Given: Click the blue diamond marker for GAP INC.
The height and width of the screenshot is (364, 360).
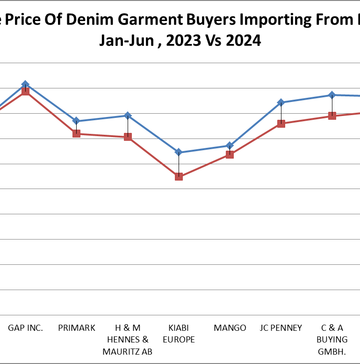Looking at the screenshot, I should pos(25,84).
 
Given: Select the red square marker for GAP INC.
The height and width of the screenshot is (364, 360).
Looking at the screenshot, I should pos(25,91).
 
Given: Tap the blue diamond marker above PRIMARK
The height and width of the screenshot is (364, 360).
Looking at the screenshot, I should pos(76,121).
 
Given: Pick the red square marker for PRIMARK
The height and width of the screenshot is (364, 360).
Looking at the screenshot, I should pos(76,133).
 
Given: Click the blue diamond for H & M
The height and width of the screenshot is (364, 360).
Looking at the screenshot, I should pos(128,115).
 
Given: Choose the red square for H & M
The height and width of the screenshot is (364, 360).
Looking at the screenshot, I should pos(128,137).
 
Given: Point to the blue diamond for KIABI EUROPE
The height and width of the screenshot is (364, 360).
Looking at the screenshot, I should pos(179,152).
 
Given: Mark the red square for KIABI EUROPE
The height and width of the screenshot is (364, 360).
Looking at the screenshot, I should pos(179,176).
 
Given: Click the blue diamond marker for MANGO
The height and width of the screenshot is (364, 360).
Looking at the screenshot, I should pos(230,146).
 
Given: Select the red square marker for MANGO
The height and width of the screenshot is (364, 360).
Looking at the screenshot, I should pos(230,154).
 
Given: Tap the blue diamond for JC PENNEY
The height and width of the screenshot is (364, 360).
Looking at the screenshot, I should pos(281,102).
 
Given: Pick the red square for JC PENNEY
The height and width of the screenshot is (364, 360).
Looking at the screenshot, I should pos(281,124).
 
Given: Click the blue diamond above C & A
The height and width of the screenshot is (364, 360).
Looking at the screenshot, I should pos(332,95).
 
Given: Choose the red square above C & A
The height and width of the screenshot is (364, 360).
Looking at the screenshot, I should pos(332,116).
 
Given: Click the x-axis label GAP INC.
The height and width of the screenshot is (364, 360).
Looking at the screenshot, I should pos(25,328).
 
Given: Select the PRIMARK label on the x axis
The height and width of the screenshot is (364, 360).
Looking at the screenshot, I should pos(77,328).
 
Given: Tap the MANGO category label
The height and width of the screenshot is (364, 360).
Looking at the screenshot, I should pos(230,328).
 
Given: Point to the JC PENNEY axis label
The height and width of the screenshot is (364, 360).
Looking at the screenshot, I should pos(281,328).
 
